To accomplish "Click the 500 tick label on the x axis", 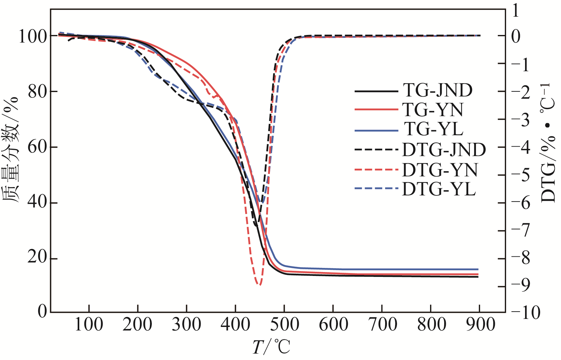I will pos(284,324).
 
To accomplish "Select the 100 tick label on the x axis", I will pos(89,324).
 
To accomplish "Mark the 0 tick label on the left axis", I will pos(42,311).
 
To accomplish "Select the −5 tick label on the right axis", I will pos(521,175).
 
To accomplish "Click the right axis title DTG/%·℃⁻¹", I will pos(548,143).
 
